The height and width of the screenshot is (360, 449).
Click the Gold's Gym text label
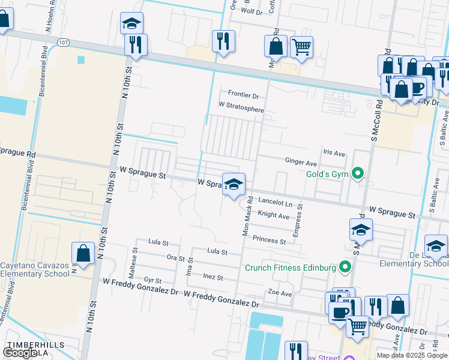click(x=327, y=174)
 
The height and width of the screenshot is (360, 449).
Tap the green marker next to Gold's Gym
click(x=358, y=175)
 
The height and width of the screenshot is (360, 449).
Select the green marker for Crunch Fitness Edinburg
click(x=345, y=267)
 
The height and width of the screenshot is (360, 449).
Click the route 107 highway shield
click(x=63, y=41)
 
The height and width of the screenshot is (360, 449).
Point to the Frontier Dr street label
click(x=243, y=95)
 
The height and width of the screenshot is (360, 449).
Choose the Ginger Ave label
click(x=300, y=163)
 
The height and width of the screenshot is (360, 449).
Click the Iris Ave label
click(x=334, y=154)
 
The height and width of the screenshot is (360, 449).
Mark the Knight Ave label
click(x=273, y=214)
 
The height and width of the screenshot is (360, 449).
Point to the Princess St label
click(x=268, y=241)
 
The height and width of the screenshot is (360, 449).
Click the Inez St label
click(x=213, y=278)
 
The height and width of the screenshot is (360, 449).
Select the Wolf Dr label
click(x=252, y=11)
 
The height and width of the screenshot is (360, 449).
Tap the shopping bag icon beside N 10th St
click(x=83, y=253)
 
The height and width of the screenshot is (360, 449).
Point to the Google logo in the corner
click(x=20, y=353)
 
